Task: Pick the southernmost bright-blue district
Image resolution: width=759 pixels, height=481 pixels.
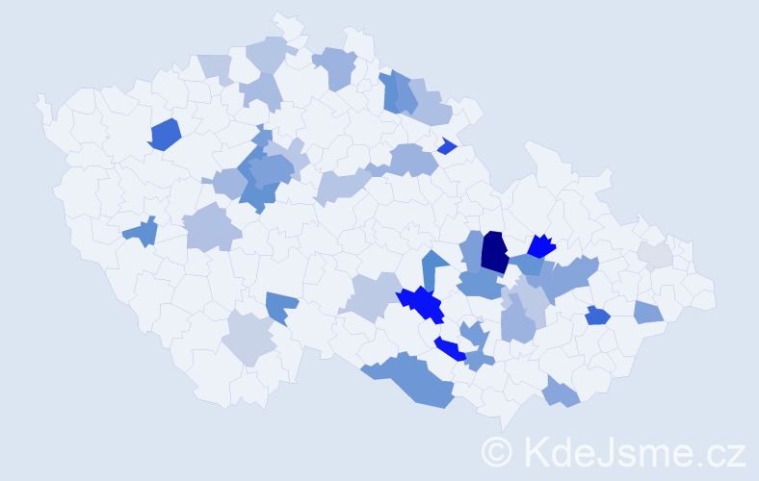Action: point(449,349)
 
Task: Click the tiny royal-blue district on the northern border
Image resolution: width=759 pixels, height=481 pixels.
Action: point(446,146)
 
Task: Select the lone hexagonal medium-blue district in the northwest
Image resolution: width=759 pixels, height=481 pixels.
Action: point(165,134)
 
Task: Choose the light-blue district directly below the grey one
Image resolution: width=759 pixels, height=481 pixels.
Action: point(648,312)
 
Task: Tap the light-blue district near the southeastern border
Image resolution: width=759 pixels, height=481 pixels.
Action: point(561,392)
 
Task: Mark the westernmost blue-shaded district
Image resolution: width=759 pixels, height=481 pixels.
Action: point(141,232)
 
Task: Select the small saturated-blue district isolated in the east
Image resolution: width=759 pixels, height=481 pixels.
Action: point(597,315)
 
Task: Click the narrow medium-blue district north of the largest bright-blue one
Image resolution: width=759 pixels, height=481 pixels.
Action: point(433,268)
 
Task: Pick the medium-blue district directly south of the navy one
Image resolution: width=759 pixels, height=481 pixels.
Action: point(480,284)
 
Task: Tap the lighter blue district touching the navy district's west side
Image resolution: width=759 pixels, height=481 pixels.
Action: point(472,247)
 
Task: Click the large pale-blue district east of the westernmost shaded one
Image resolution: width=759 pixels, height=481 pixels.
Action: point(211,229)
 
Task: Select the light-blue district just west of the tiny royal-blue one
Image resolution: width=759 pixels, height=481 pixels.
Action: point(412,158)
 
